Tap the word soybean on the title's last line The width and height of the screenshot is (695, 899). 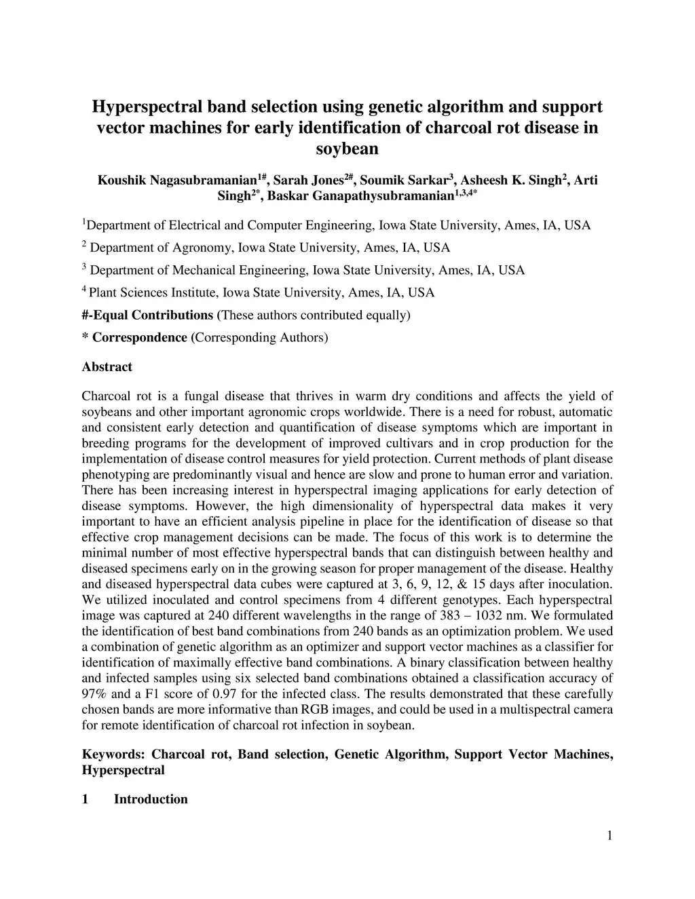(x=347, y=148)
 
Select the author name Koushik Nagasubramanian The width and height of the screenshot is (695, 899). (x=177, y=180)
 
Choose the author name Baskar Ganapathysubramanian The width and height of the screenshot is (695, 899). (x=360, y=197)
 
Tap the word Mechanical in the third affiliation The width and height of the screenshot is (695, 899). (x=203, y=270)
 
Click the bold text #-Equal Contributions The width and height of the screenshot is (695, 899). (x=147, y=315)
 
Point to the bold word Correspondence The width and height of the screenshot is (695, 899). (x=139, y=337)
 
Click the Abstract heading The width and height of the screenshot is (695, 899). (x=107, y=367)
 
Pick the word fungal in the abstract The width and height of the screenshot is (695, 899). (x=194, y=396)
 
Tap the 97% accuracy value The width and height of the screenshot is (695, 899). (x=93, y=693)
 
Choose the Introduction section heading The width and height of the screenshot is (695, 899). (x=151, y=799)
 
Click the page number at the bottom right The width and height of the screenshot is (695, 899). (x=609, y=835)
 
